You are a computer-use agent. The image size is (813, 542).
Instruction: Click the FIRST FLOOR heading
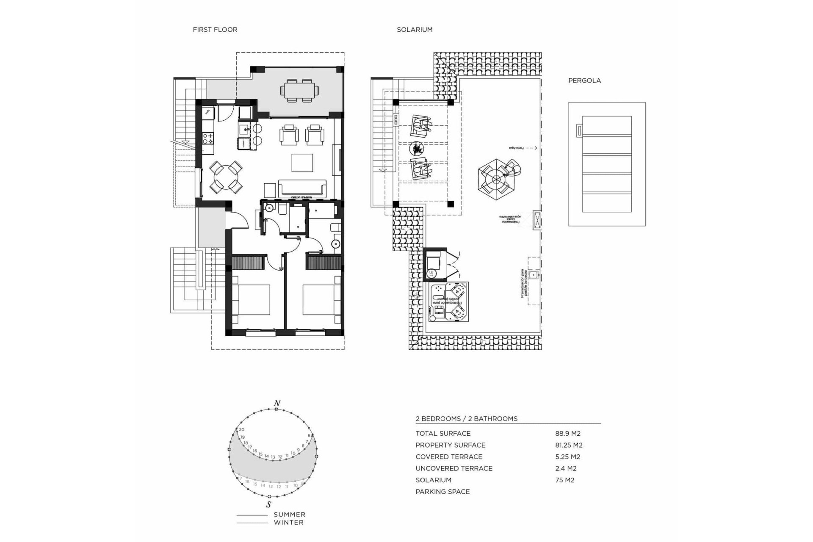[215, 30]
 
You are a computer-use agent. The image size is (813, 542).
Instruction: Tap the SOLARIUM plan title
[414, 30]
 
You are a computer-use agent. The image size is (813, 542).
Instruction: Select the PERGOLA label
[584, 80]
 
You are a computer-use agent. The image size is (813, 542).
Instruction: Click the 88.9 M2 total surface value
[567, 434]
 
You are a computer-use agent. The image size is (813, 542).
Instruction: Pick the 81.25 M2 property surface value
[569, 445]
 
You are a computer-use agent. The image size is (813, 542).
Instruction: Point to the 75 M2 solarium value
[564, 480]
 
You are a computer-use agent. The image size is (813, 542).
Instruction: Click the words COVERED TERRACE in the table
[449, 457]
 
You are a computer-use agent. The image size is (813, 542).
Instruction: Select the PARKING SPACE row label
[442, 492]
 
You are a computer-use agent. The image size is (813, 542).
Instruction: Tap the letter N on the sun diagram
[277, 404]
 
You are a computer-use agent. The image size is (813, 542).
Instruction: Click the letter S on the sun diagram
[268, 504]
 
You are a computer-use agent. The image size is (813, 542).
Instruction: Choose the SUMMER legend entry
[289, 515]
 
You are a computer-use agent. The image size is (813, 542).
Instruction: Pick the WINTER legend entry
[288, 523]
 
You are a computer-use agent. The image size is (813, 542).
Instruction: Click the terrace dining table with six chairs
[299, 90]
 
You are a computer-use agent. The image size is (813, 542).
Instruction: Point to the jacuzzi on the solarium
[448, 302]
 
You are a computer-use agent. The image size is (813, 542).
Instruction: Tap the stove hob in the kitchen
[208, 138]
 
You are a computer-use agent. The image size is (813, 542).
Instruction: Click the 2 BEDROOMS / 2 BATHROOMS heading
[466, 419]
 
